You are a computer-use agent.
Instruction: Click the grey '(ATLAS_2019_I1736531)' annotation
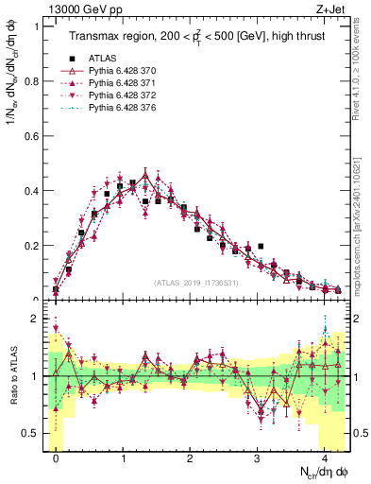[196, 282]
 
